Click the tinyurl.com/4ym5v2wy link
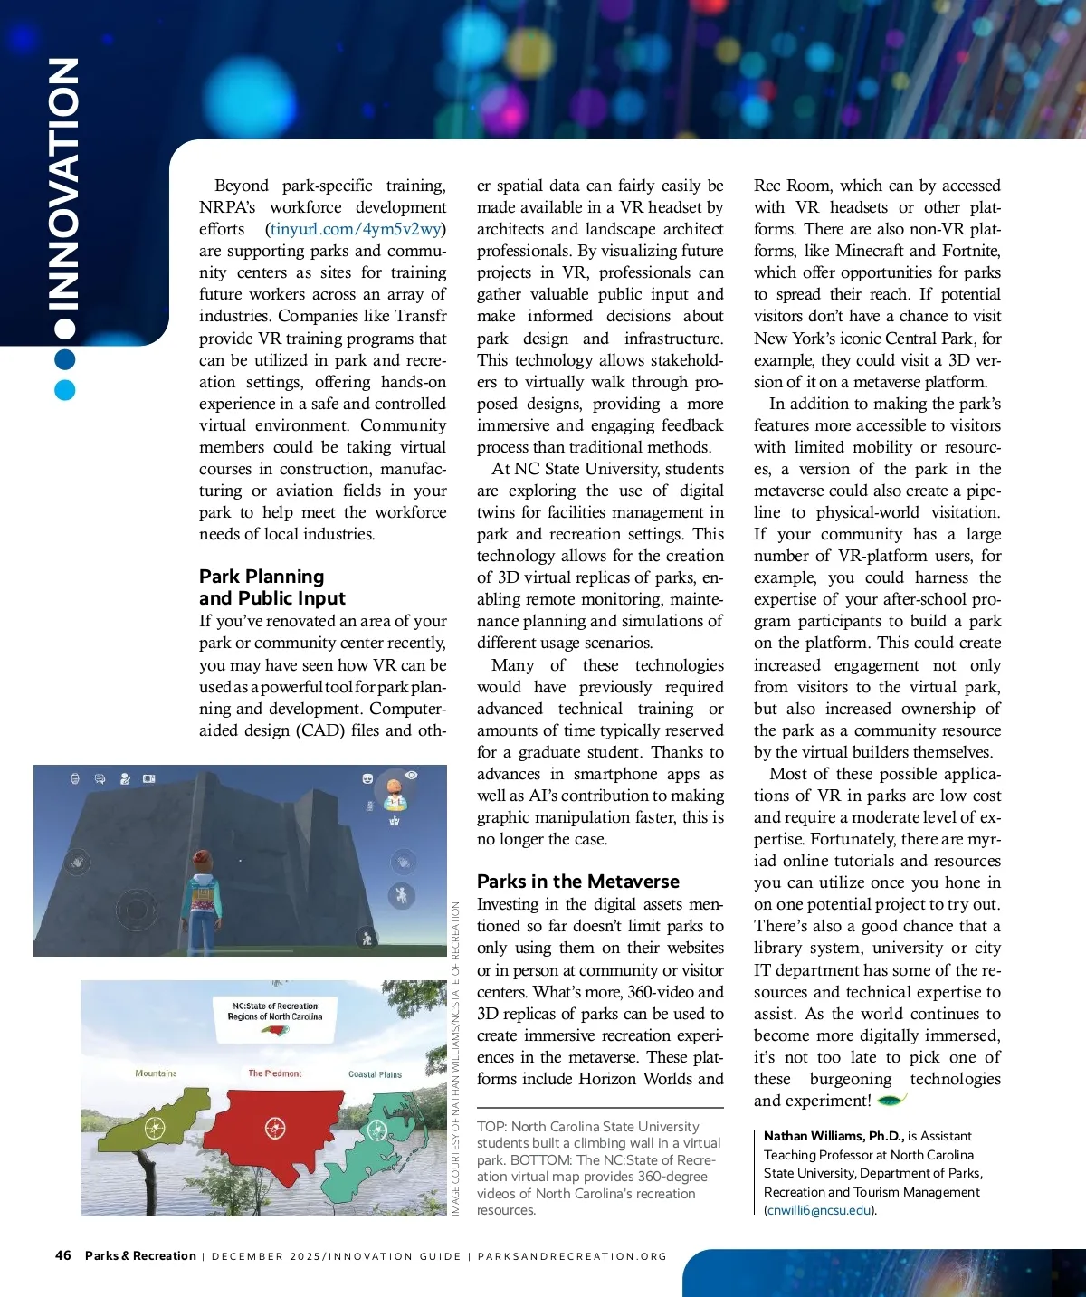(356, 229)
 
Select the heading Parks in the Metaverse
(577, 882)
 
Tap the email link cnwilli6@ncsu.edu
(820, 1210)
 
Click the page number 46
(63, 1255)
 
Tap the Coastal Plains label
(375, 1074)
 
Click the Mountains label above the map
(156, 1073)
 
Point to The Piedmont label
(274, 1073)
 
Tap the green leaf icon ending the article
(891, 1101)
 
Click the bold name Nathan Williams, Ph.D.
(832, 1136)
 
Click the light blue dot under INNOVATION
(64, 390)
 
